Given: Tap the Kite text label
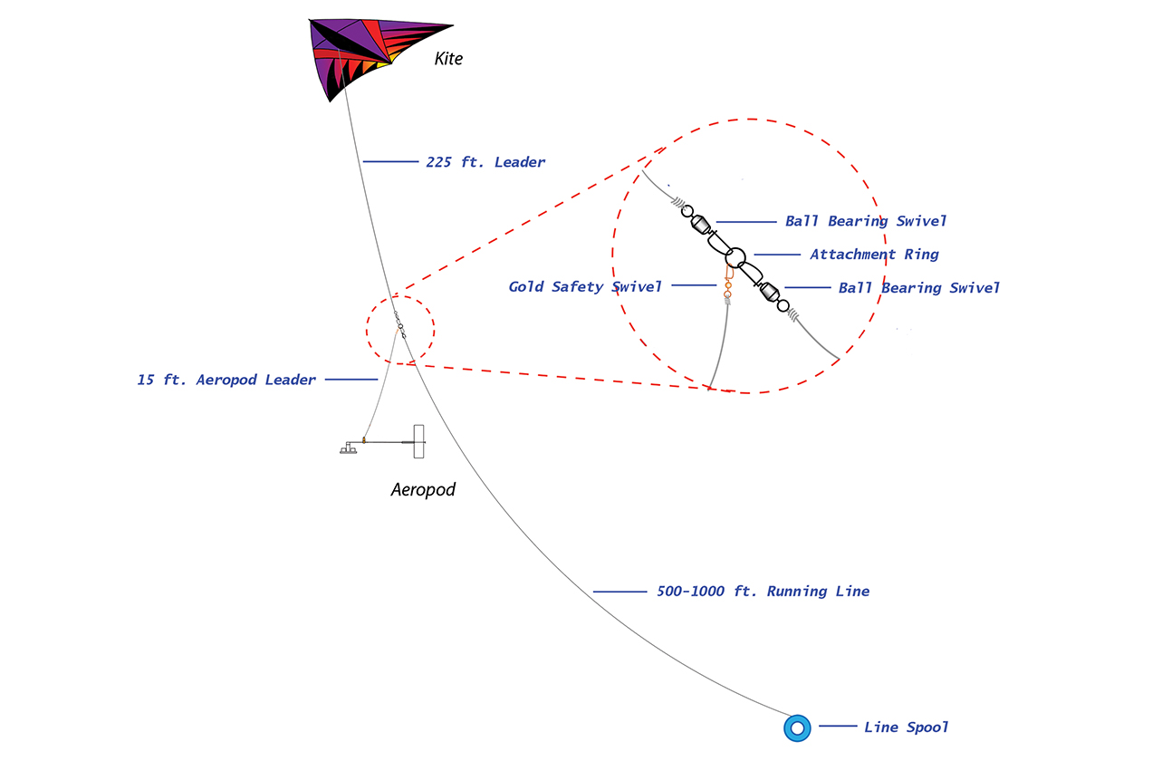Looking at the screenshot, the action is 448,59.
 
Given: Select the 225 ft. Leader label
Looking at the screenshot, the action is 485,162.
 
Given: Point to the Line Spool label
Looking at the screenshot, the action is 906,727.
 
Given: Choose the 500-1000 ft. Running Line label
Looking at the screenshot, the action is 763,592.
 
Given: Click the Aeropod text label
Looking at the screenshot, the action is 423,490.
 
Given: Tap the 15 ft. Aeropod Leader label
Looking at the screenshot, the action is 226,380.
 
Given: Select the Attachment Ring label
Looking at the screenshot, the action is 875,255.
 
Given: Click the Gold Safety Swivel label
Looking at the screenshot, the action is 585,287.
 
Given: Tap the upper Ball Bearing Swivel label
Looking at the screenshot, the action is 866,221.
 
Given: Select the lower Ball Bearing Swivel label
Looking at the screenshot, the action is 918,288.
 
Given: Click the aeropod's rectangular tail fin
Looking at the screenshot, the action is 418,441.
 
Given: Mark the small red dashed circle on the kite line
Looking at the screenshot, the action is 367,330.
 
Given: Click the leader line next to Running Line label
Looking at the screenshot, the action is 619,592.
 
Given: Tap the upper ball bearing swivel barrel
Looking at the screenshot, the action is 701,225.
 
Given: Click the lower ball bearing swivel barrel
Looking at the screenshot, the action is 769,292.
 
